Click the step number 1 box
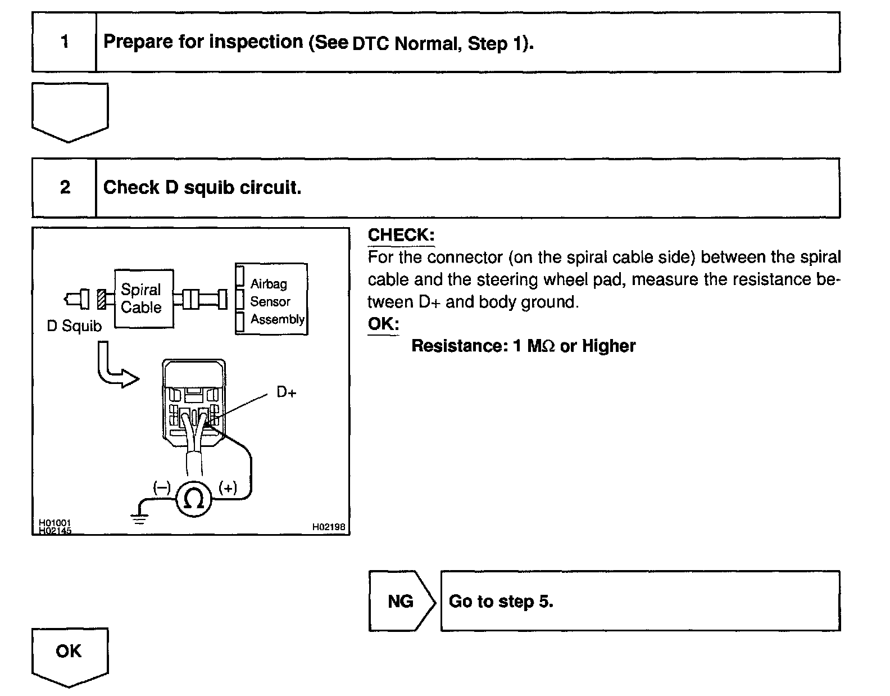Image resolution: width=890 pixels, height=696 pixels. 64,42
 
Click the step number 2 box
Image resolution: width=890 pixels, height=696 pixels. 64,187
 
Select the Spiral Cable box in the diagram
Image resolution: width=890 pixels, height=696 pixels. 144,299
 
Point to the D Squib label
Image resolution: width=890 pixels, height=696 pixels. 74,326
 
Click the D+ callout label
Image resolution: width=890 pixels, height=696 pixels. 286,392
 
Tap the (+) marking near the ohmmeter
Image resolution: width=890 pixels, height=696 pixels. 228,487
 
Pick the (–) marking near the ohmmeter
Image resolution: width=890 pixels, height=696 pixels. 162,487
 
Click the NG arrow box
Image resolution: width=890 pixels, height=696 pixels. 401,601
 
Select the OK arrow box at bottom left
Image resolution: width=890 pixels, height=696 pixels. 69,654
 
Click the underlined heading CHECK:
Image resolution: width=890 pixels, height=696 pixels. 401,235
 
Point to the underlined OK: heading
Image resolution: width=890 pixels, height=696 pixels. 383,324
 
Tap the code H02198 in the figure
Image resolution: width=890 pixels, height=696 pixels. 329,527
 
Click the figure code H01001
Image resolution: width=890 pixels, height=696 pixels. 55,523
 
